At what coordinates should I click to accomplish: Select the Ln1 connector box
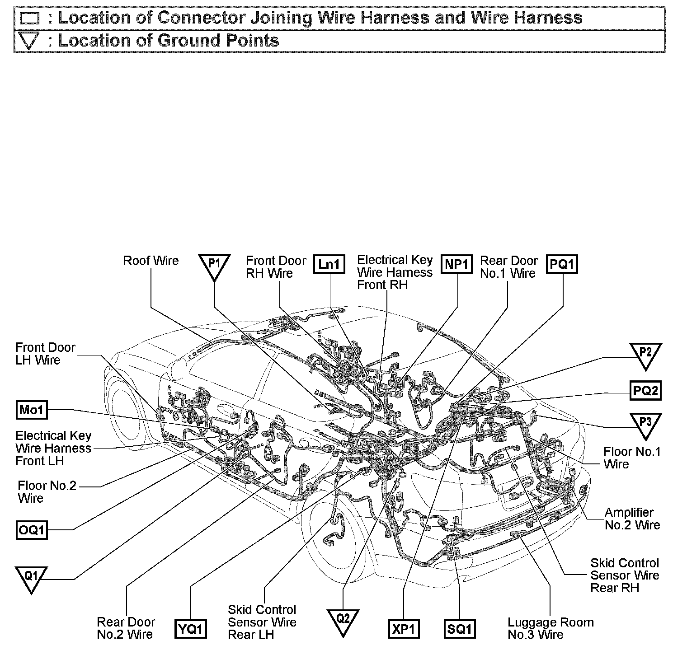point(329,264)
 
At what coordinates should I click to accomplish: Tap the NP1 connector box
point(457,264)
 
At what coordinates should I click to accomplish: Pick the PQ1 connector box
point(563,264)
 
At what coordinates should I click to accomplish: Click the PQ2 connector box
point(645,390)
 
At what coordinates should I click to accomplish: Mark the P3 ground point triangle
point(645,424)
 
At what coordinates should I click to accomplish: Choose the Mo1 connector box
point(31,410)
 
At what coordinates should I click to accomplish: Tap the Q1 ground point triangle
point(31,578)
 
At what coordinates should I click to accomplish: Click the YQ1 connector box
point(191,629)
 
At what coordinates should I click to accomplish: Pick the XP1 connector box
point(404,629)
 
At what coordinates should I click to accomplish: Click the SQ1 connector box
point(460,629)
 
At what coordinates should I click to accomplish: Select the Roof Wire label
point(151,261)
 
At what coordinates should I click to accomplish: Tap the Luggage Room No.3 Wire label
point(550,628)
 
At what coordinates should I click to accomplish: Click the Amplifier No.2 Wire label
point(632,519)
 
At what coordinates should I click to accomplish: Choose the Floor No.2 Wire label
point(47,492)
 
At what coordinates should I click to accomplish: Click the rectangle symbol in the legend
point(30,19)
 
